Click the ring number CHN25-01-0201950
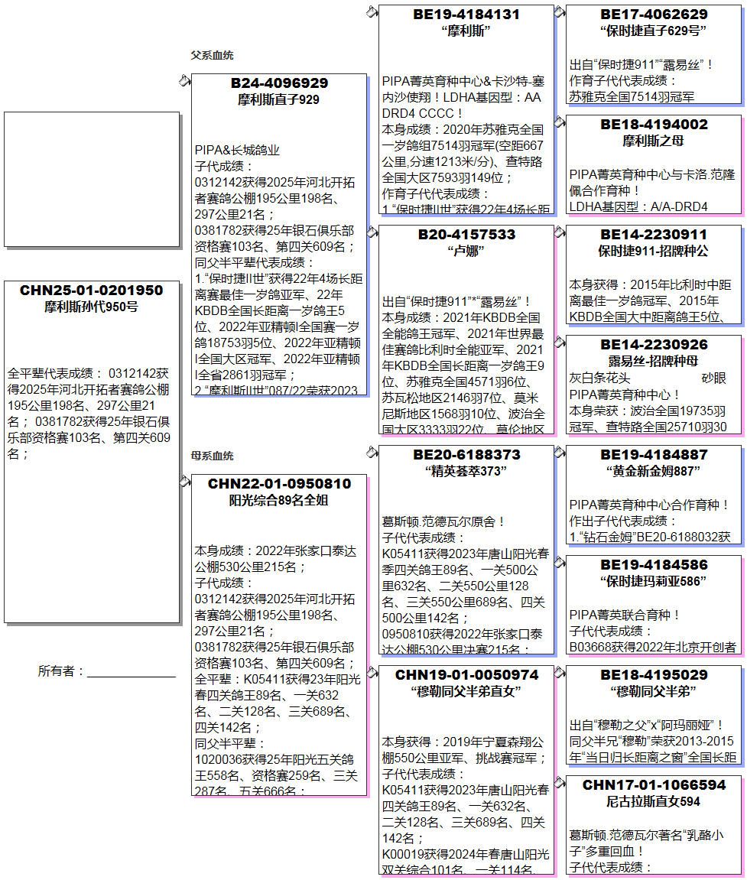coord(91,291)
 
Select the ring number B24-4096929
coord(279,83)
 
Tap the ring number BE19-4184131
coord(466,15)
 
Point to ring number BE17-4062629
coord(654,15)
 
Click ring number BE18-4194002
coord(654,125)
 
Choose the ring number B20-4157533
coord(466,235)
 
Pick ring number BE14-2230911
coord(654,235)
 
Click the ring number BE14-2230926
coord(654,345)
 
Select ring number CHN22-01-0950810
coord(279,484)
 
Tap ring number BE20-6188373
coord(466,455)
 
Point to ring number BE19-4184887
coord(654,455)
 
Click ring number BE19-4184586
coord(654,565)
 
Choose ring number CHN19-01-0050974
coord(466,675)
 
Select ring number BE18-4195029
coord(654,675)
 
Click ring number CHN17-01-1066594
coord(654,785)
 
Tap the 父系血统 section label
coord(212,56)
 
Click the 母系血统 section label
coord(212,456)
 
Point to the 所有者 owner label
coord(60,671)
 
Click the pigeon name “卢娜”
coord(466,251)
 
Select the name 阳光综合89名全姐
coord(279,501)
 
